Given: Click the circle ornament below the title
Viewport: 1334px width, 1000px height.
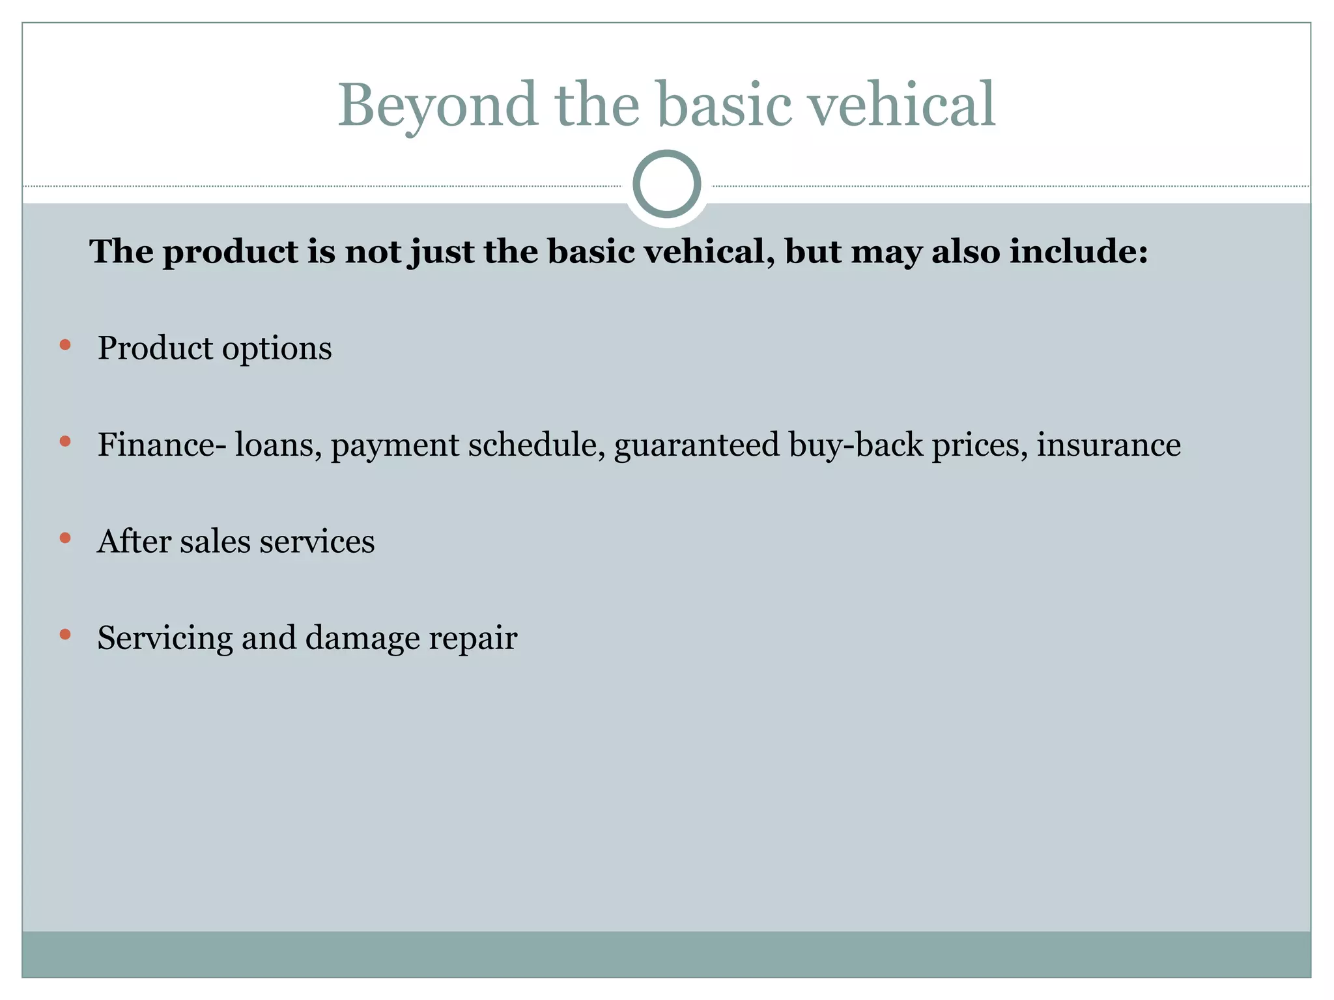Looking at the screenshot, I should click(x=666, y=184).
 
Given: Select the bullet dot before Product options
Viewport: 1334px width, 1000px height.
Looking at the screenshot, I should click(x=64, y=345).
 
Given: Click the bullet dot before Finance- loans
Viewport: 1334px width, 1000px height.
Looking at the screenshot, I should click(x=64, y=441).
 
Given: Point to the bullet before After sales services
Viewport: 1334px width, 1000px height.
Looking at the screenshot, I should click(x=64, y=538).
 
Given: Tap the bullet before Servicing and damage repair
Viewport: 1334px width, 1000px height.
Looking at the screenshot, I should click(x=64, y=634).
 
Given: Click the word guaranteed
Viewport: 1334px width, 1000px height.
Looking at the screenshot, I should click(x=696, y=446).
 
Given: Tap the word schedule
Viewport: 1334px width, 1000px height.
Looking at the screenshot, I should click(x=537, y=445).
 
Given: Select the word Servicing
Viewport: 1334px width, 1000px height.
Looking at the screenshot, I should click(x=165, y=638).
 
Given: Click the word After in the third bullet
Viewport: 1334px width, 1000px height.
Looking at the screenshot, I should click(x=133, y=541).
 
